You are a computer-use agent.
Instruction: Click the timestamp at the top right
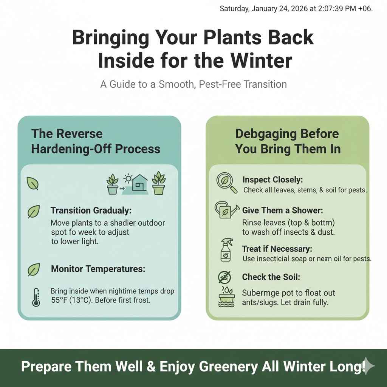296,9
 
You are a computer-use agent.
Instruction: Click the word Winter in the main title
256,60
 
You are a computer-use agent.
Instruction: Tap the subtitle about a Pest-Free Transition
193,84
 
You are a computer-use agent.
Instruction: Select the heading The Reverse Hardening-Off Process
96,141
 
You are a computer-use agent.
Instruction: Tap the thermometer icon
36,297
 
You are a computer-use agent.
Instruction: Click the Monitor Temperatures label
98,269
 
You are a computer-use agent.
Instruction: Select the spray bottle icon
226,250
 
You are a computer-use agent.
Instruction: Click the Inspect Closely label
273,180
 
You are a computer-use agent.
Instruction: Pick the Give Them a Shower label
283,210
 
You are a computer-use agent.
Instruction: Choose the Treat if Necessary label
277,249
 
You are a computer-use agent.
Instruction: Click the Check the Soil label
271,277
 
